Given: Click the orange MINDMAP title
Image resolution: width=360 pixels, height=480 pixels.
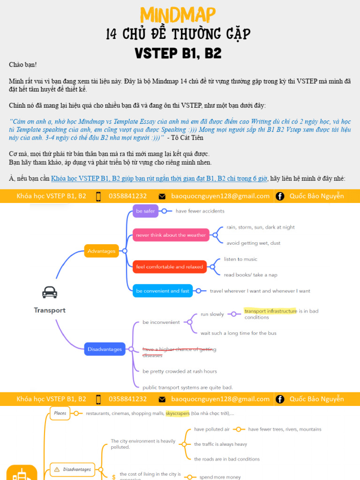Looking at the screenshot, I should tap(178, 15).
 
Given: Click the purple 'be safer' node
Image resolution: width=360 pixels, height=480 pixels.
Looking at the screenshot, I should tap(145, 211).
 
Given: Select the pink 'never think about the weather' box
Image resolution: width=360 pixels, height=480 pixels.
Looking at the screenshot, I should tap(171, 235).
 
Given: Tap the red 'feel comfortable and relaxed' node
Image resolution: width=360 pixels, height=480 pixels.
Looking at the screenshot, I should tap(169, 267).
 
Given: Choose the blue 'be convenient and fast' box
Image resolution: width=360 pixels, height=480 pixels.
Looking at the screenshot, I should tap(162, 291).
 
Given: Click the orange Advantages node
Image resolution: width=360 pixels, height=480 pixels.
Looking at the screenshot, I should tap(101, 251).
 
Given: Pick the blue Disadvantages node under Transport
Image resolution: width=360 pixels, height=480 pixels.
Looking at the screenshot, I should tap(105, 349).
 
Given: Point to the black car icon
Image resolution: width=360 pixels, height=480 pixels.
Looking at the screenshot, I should tap(50, 292).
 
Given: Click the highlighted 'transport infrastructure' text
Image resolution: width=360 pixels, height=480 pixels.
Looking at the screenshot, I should tap(270, 311).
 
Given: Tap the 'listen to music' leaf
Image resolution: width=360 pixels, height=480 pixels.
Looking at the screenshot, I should tap(240, 259).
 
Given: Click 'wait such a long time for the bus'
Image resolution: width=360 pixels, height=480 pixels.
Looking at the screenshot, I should tap(238, 333).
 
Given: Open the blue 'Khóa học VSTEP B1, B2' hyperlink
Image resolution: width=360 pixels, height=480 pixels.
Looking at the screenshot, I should tap(159, 179).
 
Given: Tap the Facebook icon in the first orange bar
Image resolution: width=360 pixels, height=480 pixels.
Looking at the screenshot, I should tap(280, 196).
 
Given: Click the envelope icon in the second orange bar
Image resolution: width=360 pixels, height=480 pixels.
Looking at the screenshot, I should tap(162, 399).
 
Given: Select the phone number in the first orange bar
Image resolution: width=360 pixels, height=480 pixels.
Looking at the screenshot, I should tap(127, 196).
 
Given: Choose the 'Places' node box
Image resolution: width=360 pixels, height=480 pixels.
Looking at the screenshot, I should tap(60, 413).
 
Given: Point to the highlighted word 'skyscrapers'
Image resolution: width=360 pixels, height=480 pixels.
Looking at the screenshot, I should tap(178, 413).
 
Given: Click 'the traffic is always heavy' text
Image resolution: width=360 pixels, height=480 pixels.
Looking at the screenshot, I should tap(220, 444).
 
